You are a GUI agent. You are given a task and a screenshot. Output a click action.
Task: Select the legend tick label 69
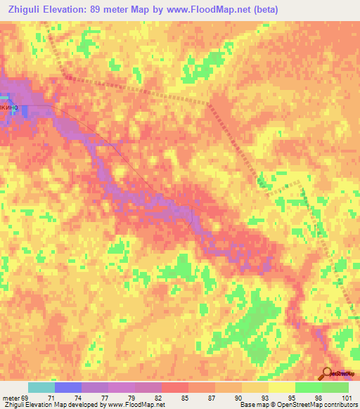[26, 398]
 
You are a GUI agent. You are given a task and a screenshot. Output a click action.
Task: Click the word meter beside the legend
[11, 398]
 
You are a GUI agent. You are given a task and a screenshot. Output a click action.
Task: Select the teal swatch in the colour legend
[41, 387]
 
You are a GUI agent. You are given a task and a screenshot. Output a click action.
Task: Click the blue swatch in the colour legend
[68, 387]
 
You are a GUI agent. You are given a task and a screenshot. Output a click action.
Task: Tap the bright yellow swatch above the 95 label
[282, 387]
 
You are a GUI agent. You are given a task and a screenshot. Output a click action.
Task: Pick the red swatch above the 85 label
[175, 387]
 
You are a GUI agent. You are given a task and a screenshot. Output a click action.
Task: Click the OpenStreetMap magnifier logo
[327, 373]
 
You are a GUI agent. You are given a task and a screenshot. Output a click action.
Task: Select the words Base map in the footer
[250, 405]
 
